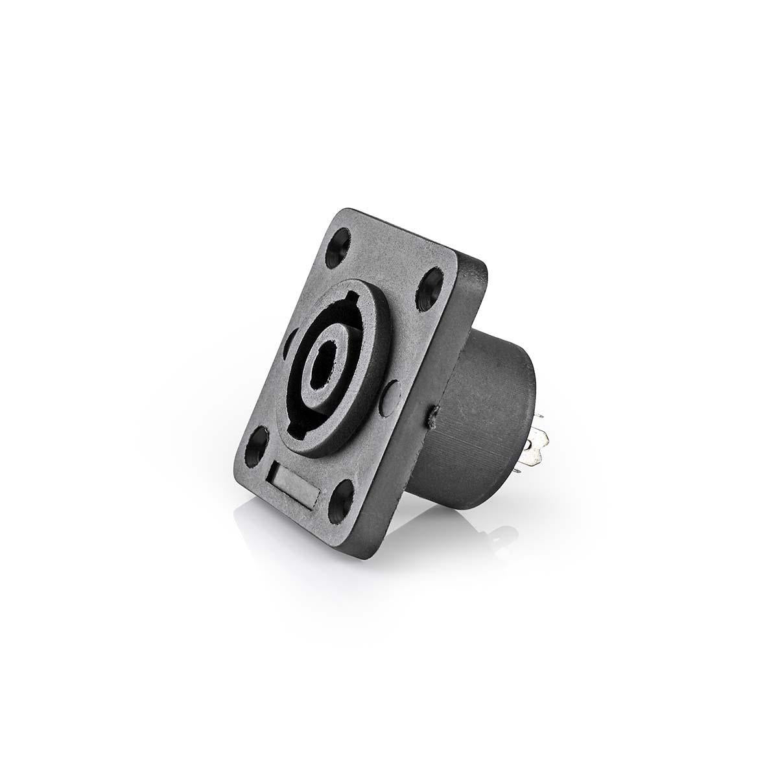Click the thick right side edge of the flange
pyautogui.click(x=454, y=389)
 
